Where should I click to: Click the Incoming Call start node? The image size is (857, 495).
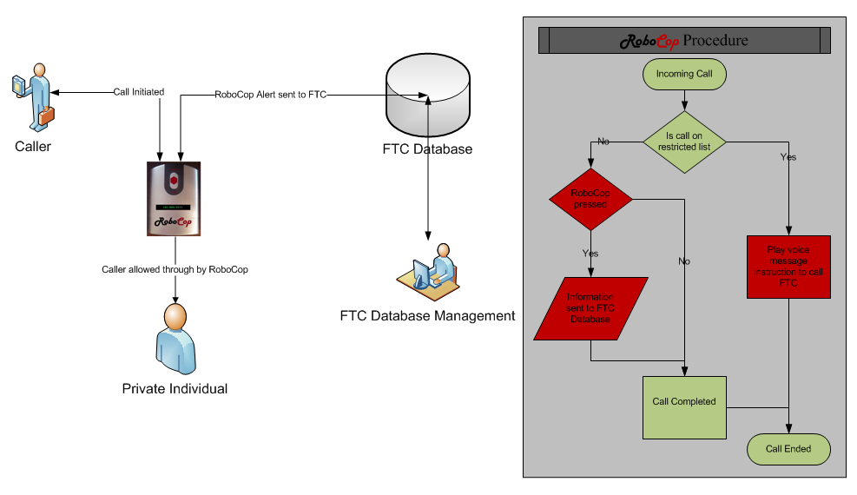pyautogui.click(x=684, y=74)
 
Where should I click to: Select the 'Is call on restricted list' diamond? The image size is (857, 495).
pyautogui.click(x=684, y=142)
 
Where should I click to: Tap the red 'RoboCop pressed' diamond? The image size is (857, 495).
pyautogui.click(x=590, y=199)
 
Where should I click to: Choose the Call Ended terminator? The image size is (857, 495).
pyautogui.click(x=788, y=449)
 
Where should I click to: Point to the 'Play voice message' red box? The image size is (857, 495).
pyautogui.click(x=788, y=267)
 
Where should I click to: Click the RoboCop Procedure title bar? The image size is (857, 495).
pyautogui.click(x=684, y=41)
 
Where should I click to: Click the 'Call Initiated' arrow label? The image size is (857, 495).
pyautogui.click(x=139, y=92)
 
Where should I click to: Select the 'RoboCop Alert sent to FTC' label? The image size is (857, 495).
pyautogui.click(x=270, y=94)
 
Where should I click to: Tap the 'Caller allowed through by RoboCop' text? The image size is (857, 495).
pyautogui.click(x=175, y=269)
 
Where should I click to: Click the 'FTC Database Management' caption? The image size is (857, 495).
pyautogui.click(x=427, y=315)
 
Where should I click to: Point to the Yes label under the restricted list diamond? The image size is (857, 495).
pyautogui.click(x=788, y=157)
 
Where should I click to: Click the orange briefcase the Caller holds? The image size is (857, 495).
pyautogui.click(x=45, y=114)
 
